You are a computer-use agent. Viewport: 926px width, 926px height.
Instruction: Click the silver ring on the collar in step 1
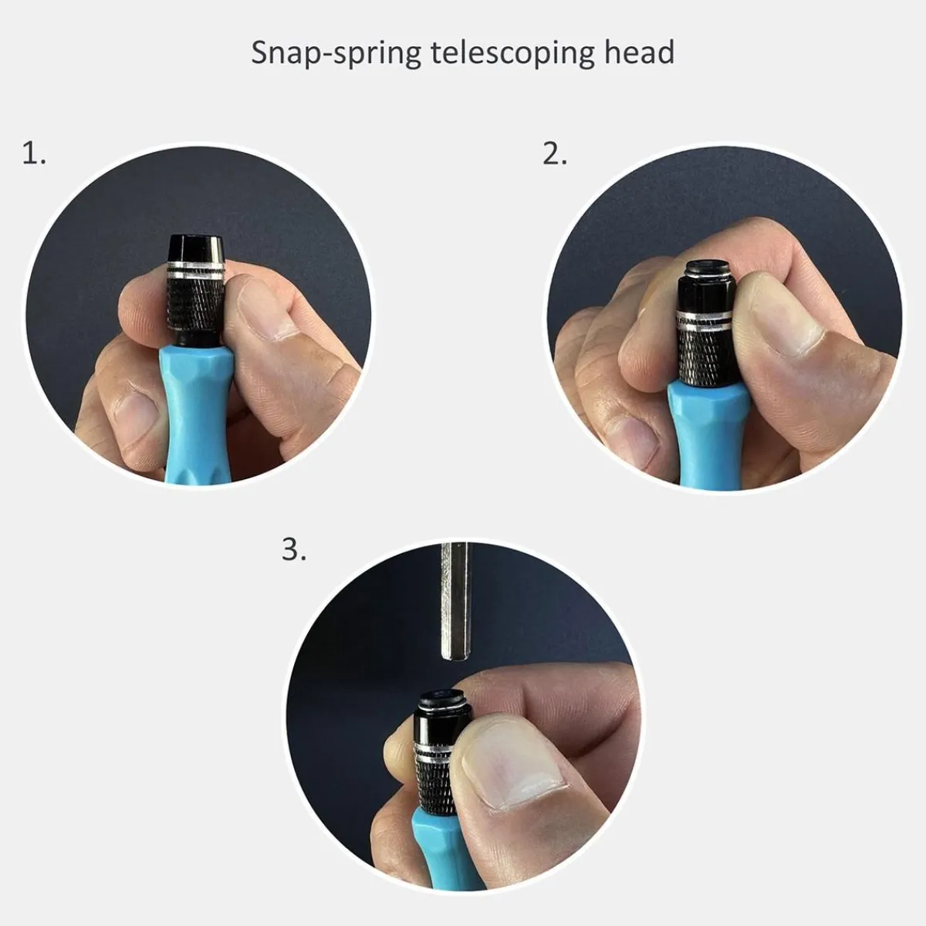point(196,271)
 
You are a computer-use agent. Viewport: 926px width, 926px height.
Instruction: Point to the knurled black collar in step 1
point(197,306)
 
